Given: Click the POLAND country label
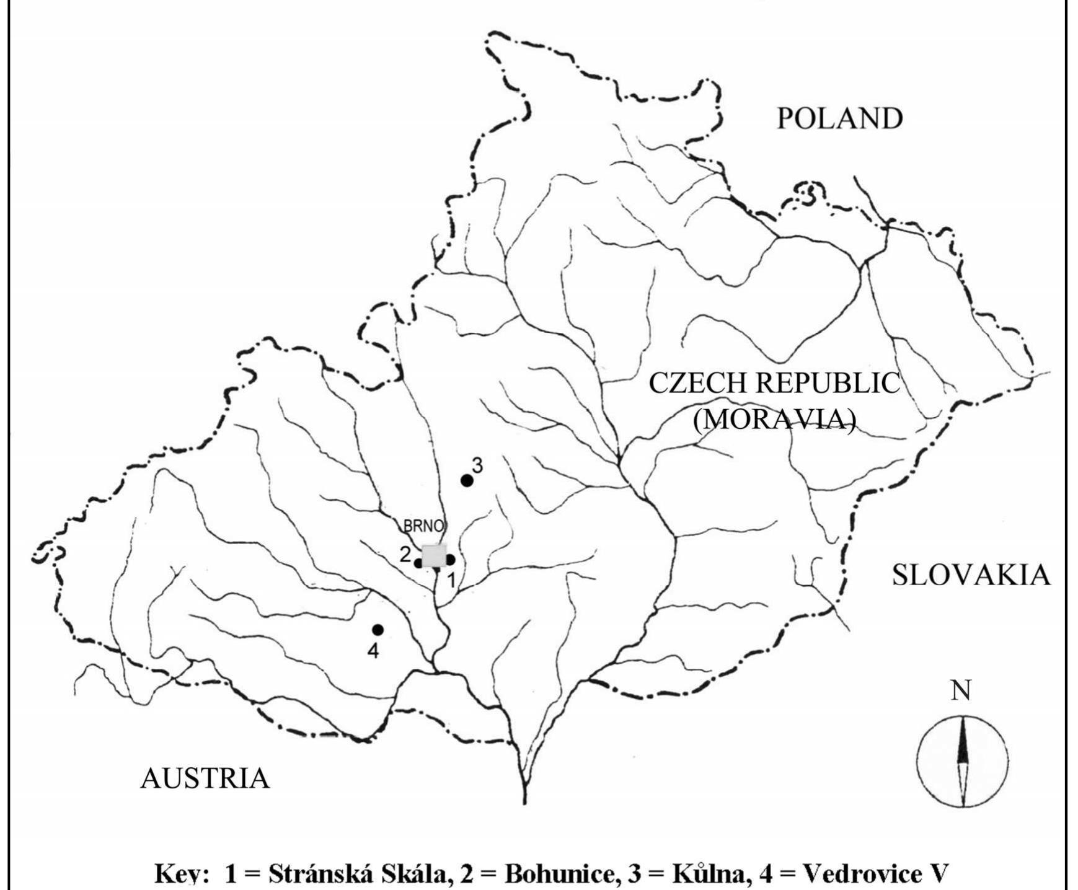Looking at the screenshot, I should [x=840, y=118].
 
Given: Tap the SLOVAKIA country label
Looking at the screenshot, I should [x=971, y=575].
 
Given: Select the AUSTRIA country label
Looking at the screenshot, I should [x=205, y=778].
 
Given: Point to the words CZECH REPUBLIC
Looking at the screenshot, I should [x=774, y=384].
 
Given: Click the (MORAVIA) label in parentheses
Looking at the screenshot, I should [x=774, y=420].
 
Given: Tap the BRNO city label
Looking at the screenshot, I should [x=423, y=526].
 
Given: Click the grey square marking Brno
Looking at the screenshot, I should [x=434, y=555].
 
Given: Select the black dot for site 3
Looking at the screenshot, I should [x=467, y=480].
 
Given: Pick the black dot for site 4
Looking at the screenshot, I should [x=378, y=630].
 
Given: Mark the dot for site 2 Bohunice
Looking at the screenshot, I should [x=418, y=563].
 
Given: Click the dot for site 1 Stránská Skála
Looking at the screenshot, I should [x=451, y=560].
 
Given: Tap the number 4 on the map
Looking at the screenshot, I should [x=373, y=651].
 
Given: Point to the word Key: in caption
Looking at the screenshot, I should [x=180, y=874].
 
